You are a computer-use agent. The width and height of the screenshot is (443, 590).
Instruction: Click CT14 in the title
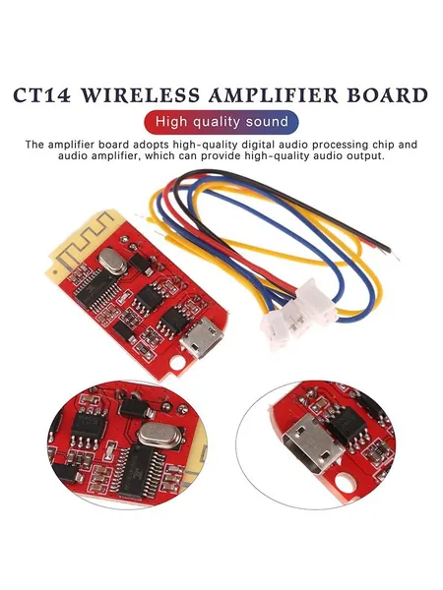click(42, 95)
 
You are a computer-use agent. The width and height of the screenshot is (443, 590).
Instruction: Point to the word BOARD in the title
click(388, 95)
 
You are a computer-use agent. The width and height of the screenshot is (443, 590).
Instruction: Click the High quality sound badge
click(221, 122)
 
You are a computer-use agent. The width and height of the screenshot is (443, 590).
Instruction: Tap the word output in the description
click(362, 155)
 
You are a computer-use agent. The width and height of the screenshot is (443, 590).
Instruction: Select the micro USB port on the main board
click(202, 336)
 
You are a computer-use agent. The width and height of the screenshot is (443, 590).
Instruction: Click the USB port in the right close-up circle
click(312, 443)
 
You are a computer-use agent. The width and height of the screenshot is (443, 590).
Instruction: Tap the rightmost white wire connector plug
click(316, 302)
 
